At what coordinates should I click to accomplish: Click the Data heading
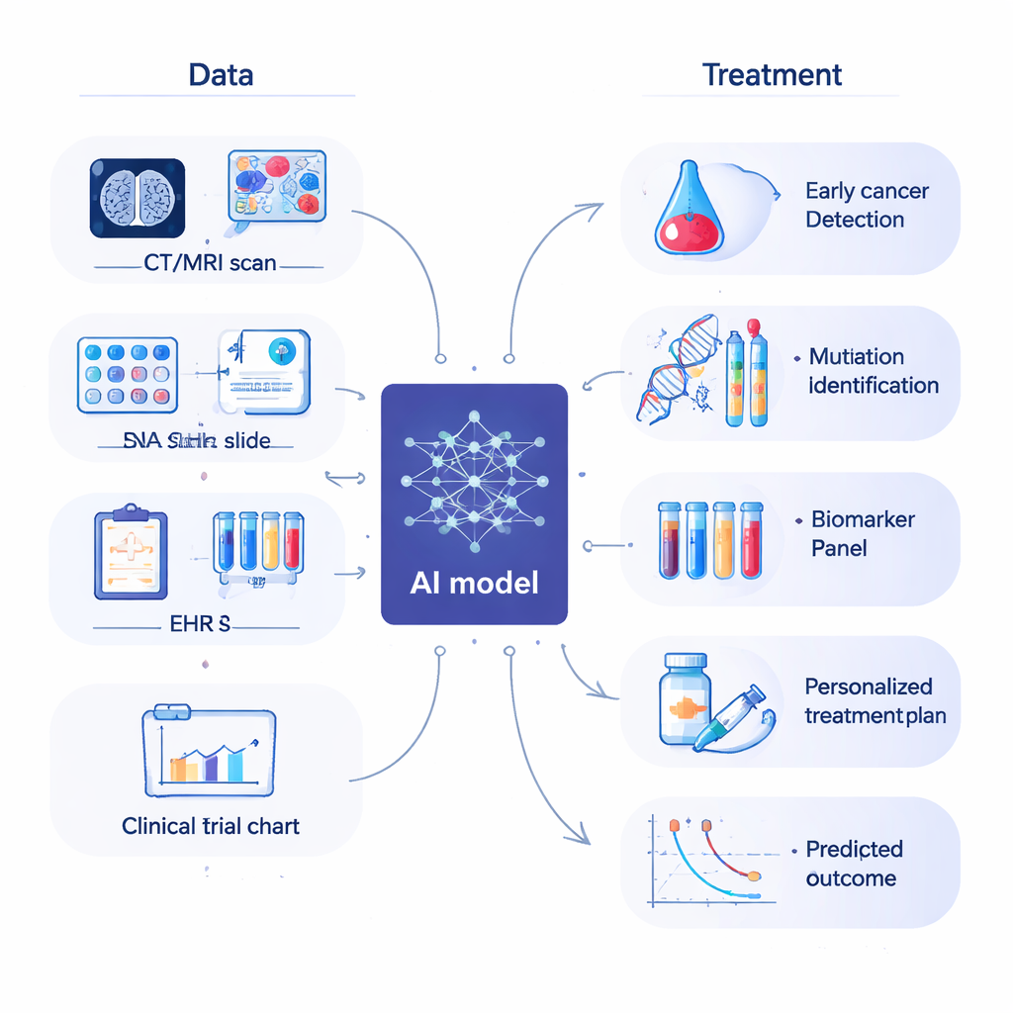click(221, 74)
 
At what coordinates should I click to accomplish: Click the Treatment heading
click(772, 74)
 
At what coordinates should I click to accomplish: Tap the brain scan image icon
click(138, 198)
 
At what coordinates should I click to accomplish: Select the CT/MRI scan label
click(209, 264)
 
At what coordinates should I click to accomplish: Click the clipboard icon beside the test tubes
click(131, 554)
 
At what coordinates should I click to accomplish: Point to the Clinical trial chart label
click(211, 825)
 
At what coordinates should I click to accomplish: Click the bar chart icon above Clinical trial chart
click(210, 750)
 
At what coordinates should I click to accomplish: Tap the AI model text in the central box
click(474, 582)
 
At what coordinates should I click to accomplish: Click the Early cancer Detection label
click(866, 205)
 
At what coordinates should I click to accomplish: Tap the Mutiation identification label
click(873, 371)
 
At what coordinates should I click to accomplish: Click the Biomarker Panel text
click(863, 533)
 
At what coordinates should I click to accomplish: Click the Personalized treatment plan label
click(875, 700)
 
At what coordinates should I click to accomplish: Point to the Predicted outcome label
click(854, 864)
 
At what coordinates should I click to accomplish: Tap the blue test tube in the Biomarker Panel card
click(697, 538)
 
